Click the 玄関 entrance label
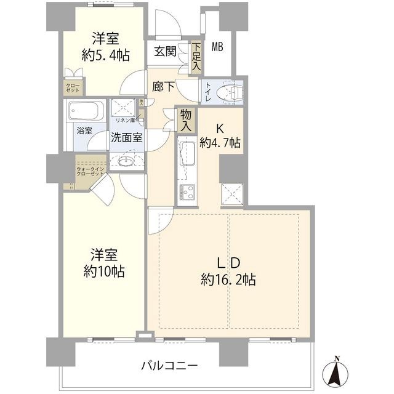click(166, 51)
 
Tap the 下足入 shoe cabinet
click(196, 57)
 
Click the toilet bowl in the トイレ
click(232, 92)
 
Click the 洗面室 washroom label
click(127, 138)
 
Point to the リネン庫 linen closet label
click(126, 120)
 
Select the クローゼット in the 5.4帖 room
click(73, 87)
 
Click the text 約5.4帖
click(105, 55)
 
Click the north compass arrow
click(336, 371)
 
